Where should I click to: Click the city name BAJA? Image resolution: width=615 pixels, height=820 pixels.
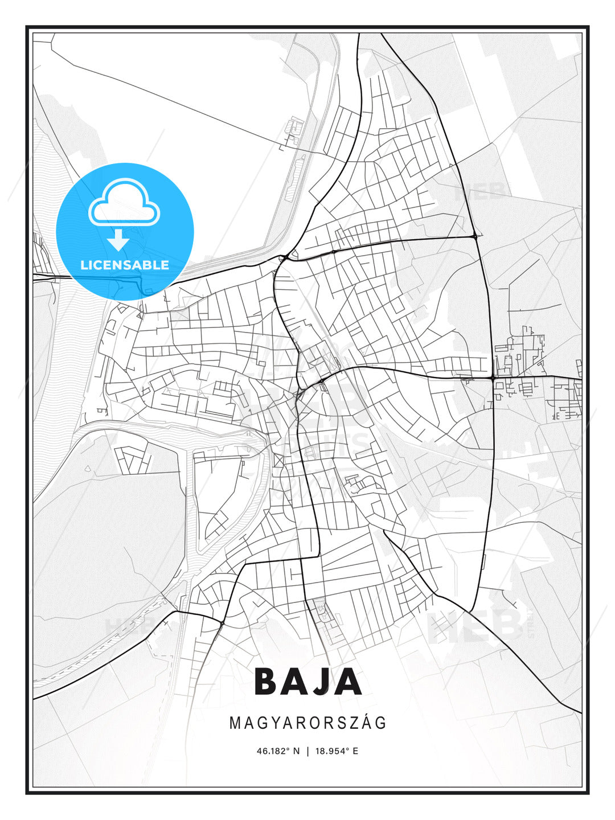[x=308, y=682]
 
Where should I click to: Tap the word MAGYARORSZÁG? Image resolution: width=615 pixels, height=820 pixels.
[x=308, y=723]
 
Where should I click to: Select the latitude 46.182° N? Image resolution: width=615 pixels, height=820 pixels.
[x=278, y=751]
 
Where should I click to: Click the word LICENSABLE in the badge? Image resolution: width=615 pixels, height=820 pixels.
[x=125, y=265]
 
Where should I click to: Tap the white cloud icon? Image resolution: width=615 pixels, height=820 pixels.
[x=124, y=203]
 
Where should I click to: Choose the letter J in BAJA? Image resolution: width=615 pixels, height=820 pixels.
[x=323, y=682]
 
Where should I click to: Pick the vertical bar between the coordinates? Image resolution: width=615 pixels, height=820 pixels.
[x=308, y=751]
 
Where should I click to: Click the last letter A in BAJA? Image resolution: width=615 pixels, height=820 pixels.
[x=348, y=682]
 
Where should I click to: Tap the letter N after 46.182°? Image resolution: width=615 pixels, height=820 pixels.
[x=296, y=751]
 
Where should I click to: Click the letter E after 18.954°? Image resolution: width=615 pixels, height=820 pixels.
[x=355, y=751]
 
